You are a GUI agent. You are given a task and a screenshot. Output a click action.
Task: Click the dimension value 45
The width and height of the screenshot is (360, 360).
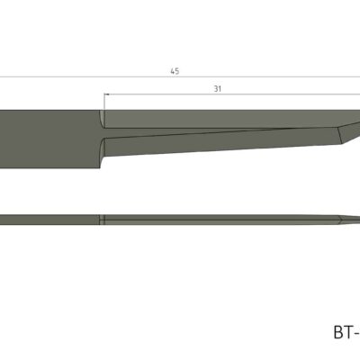174,71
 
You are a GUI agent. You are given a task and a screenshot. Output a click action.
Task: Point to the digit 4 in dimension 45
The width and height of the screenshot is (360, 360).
171,71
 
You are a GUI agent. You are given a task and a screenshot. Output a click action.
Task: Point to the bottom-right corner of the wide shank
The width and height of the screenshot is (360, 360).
98,168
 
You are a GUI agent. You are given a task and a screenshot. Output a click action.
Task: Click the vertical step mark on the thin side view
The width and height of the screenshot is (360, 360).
103,219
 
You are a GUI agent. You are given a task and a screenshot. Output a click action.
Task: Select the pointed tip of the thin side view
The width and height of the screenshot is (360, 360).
357,219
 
